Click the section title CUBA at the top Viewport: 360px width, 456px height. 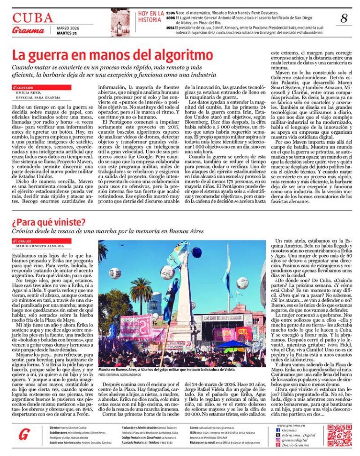pos(32,18)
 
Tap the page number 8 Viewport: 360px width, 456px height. pos(344,19)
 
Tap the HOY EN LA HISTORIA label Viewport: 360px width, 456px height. pos(151,17)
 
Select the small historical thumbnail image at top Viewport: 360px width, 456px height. pos(120,23)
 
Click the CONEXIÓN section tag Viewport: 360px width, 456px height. pos(25,87)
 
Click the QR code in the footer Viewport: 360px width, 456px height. pos(339,435)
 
